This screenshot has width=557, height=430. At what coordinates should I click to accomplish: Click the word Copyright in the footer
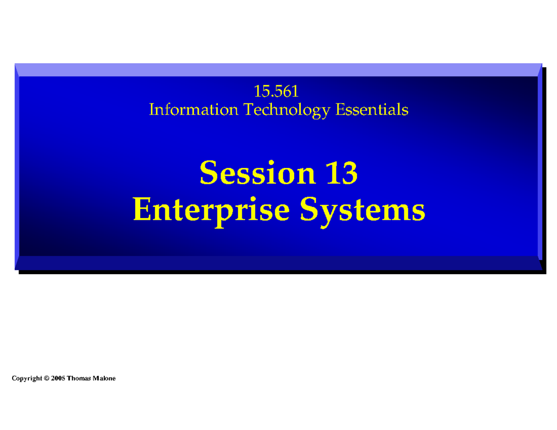coord(26,379)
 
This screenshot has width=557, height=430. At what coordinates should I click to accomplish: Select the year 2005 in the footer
coord(58,379)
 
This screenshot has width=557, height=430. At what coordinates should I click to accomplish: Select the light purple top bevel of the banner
coord(278,70)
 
